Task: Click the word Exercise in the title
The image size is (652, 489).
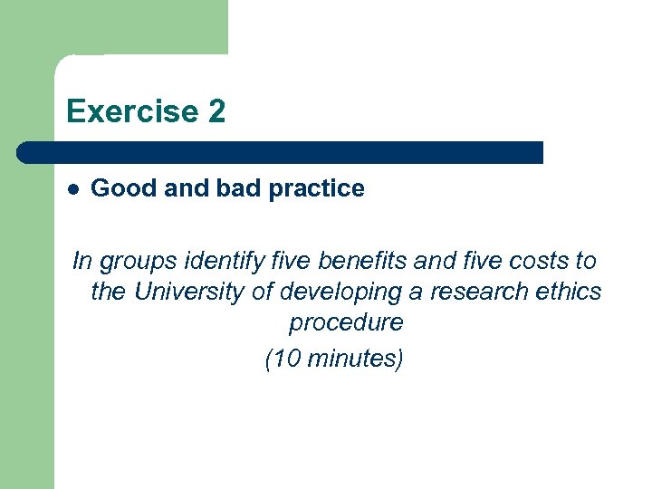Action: [131, 111]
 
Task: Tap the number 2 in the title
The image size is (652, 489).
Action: [216, 111]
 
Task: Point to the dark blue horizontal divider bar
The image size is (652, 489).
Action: [281, 152]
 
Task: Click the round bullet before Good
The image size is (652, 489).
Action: [73, 189]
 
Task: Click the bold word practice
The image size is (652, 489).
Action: [317, 189]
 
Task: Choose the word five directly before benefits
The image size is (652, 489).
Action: [281, 261]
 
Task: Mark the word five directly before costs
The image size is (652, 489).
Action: [476, 261]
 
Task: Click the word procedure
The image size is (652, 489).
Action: [346, 323]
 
